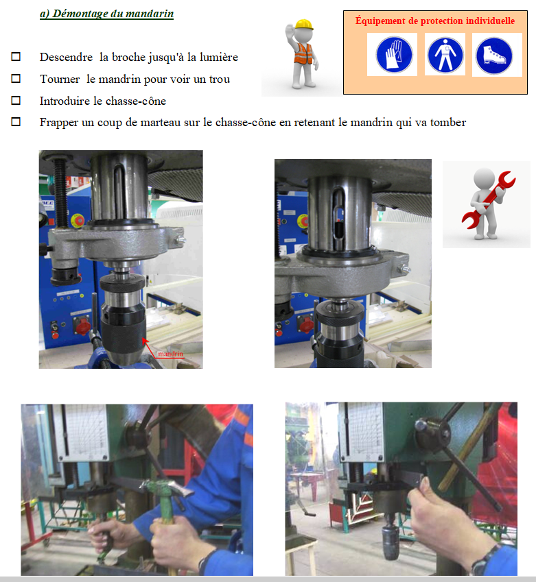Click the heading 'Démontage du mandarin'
pyautogui.click(x=113, y=14)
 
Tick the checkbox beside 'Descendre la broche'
pyautogui.click(x=16, y=56)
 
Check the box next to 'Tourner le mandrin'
pyautogui.click(x=16, y=78)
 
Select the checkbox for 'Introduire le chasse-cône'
pyautogui.click(x=16, y=100)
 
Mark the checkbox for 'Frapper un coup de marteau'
pyautogui.click(x=16, y=121)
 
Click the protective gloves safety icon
pyautogui.click(x=394, y=55)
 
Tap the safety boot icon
pyautogui.click(x=494, y=56)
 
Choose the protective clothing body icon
pyautogui.click(x=445, y=55)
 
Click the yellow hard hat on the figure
pyautogui.click(x=304, y=24)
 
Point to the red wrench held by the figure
pyautogui.click(x=489, y=199)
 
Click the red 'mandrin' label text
pyautogui.click(x=171, y=354)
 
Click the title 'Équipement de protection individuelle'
pyautogui.click(x=435, y=21)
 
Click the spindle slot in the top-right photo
pyautogui.click(x=339, y=213)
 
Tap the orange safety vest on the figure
pyautogui.click(x=303, y=53)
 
